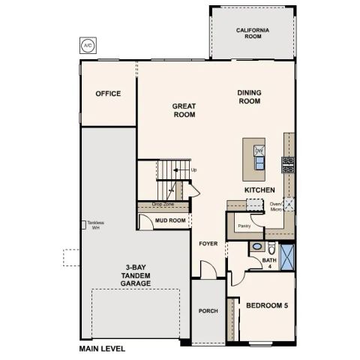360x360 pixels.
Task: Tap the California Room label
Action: (252, 33)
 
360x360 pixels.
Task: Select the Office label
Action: (108, 94)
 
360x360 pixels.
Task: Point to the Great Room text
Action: (184, 111)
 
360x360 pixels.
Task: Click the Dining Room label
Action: (249, 97)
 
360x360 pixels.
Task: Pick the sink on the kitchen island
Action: (259, 150)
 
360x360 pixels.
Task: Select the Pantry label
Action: (244, 224)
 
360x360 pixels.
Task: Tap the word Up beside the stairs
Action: (193, 170)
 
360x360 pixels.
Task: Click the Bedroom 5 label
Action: (268, 305)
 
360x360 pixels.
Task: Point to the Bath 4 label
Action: (269, 262)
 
